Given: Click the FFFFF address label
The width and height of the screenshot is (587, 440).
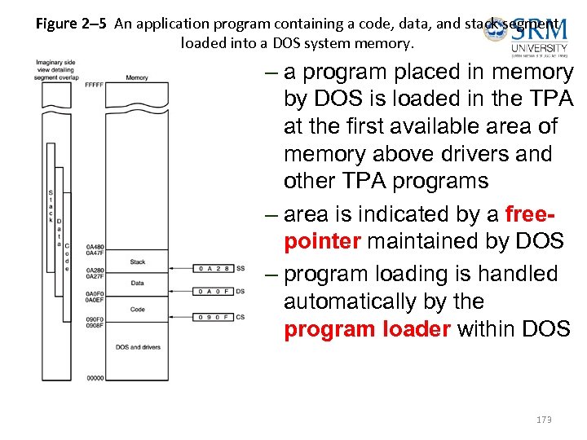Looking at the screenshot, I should [94, 84].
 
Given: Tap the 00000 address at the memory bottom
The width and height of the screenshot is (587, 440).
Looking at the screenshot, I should [95, 378].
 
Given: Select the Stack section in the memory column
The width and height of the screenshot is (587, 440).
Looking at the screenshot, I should [138, 262].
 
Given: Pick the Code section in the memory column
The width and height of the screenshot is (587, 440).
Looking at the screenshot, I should [138, 310].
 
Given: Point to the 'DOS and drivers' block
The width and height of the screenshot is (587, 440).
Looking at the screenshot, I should [138, 347].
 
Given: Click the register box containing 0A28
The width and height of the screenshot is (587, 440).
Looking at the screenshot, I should [214, 268].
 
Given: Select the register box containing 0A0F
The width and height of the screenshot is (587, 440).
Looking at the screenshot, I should [214, 292].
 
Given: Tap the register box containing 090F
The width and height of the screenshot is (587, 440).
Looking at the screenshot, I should [214, 317].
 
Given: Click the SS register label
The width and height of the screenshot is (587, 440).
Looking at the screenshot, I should [241, 268].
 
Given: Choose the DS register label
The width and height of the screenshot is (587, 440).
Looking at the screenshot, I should [241, 292].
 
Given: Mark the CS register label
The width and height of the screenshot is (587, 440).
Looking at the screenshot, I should [241, 317].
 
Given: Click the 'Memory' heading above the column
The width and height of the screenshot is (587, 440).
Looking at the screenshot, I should [137, 78].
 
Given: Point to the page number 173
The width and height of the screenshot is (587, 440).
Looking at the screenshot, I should [544, 420].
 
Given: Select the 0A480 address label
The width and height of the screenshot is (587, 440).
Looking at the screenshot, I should [95, 247].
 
